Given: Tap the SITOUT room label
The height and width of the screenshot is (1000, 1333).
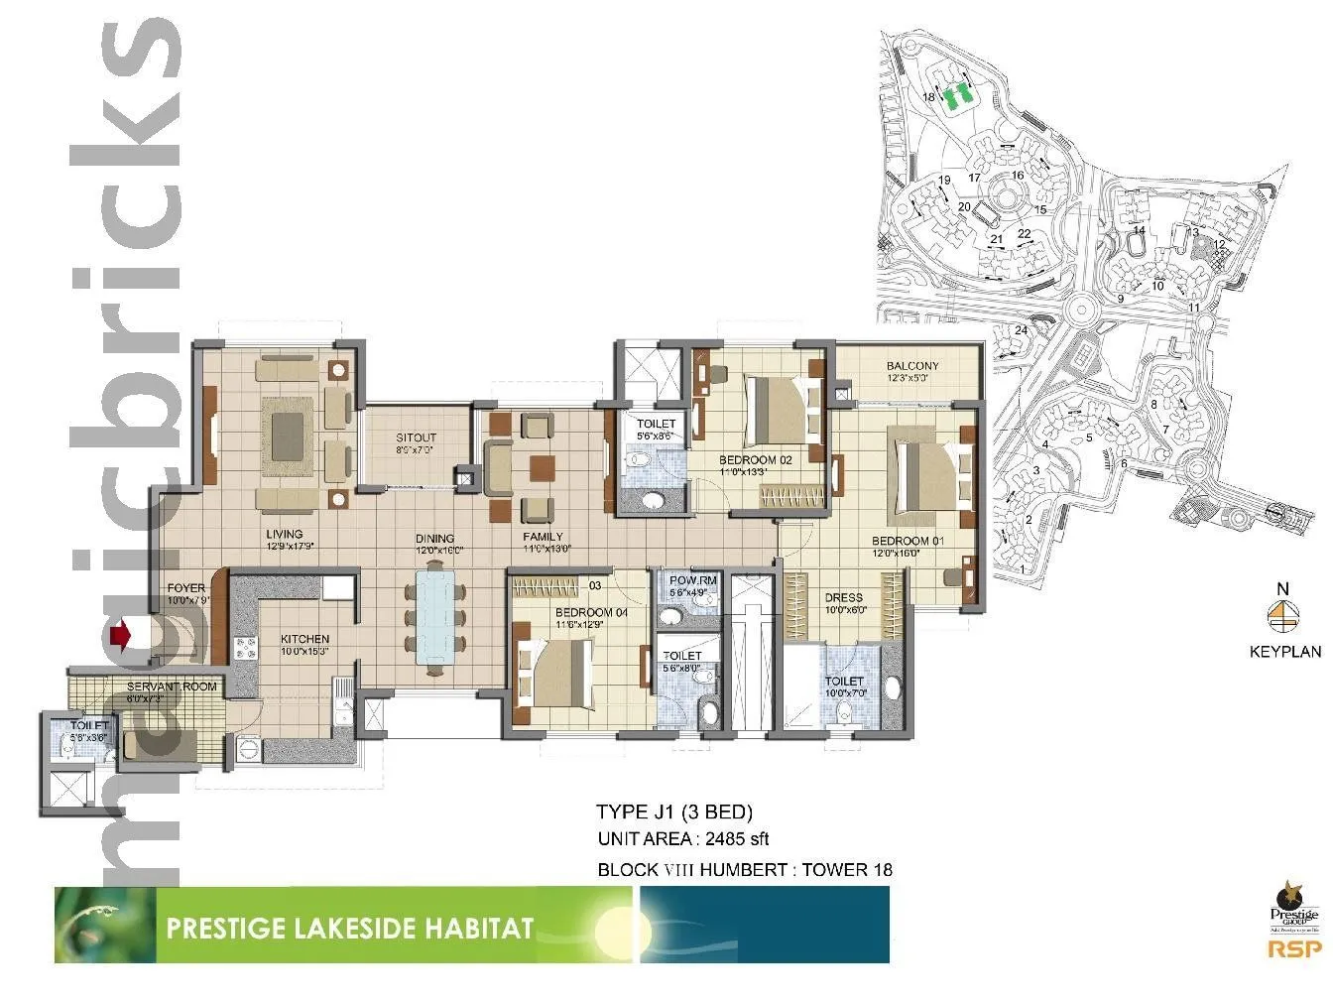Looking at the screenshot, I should click(416, 437).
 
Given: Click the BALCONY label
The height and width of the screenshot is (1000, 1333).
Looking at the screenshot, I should click(911, 366).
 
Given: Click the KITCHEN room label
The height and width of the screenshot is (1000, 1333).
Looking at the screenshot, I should click(304, 639).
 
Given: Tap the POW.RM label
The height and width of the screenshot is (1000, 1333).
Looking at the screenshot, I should click(693, 580).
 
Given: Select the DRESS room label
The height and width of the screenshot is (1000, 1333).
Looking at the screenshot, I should click(843, 598).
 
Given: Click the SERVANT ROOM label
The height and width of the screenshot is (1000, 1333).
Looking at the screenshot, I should click(171, 687).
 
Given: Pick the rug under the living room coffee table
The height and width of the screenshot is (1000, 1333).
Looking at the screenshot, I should click(287, 429).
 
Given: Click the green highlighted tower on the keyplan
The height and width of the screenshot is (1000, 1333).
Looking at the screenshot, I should click(956, 96).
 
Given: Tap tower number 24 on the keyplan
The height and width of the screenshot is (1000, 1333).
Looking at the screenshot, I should click(1020, 330).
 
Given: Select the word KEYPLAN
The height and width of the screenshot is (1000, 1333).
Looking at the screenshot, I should click(1284, 652).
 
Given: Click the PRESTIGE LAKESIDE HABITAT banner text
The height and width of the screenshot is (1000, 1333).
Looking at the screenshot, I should click(349, 929).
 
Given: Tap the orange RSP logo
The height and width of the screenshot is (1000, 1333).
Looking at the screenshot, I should click(1293, 949).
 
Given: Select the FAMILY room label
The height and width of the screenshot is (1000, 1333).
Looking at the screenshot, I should click(543, 537).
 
